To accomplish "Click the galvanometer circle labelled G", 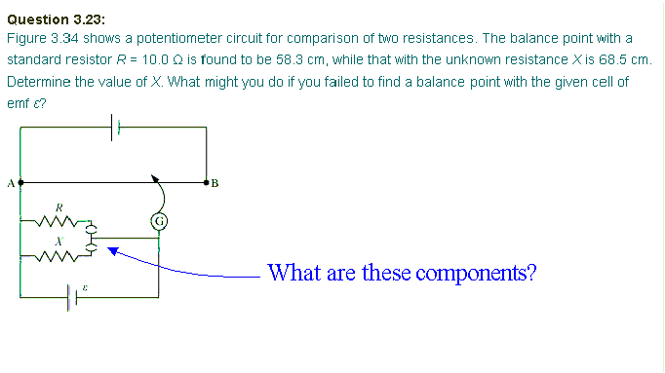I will (x=159, y=221).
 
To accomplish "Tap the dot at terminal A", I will (x=20, y=181).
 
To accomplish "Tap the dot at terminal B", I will (x=207, y=181).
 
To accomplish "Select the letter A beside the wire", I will (x=10, y=181).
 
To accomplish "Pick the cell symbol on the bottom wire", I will (x=72, y=293).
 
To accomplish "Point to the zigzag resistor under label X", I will (x=59, y=256).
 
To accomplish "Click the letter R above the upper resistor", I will (x=59, y=207).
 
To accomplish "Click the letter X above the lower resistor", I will (x=59, y=239).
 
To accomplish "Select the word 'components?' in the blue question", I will (x=477, y=272).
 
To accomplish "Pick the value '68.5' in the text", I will (x=609, y=59).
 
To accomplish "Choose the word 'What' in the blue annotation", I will (x=291, y=272).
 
